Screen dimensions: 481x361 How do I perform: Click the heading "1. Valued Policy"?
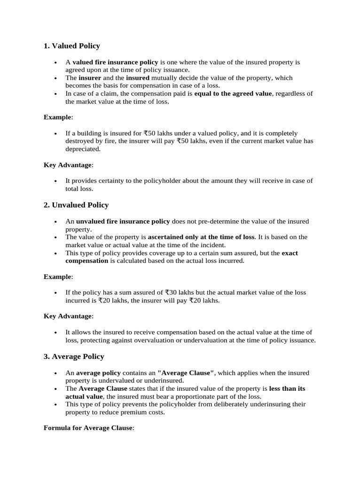point(71,46)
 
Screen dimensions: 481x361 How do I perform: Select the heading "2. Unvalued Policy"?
point(76,205)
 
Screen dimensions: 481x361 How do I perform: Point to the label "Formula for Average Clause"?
point(88,428)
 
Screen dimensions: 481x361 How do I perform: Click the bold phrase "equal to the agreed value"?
point(233,93)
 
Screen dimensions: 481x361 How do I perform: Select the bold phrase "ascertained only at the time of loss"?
point(201,237)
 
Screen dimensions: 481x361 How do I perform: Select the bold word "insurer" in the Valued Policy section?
point(90,78)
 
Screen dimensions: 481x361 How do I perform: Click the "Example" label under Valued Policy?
point(58,117)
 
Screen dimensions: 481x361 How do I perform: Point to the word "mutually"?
point(165,78)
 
